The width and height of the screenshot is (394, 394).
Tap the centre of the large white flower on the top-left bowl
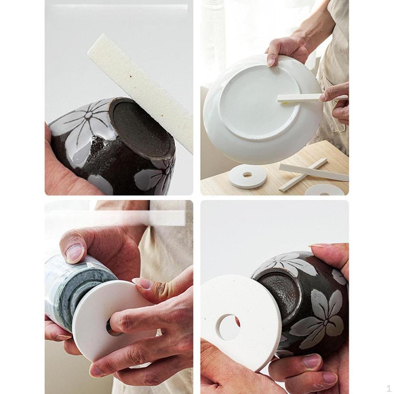click(x=88, y=115)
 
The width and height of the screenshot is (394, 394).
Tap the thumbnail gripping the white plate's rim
click(x=271, y=61)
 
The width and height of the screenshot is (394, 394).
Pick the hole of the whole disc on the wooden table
click(x=247, y=175)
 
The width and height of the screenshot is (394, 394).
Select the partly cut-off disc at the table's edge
click(x=324, y=190)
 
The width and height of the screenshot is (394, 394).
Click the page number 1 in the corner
click(x=389, y=388)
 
